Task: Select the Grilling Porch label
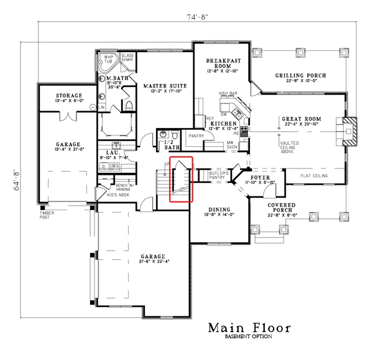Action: pyautogui.click(x=300, y=76)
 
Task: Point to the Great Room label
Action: pyautogui.click(x=301, y=118)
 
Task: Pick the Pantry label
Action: pyautogui.click(x=196, y=135)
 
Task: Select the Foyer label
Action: pyautogui.click(x=260, y=177)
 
